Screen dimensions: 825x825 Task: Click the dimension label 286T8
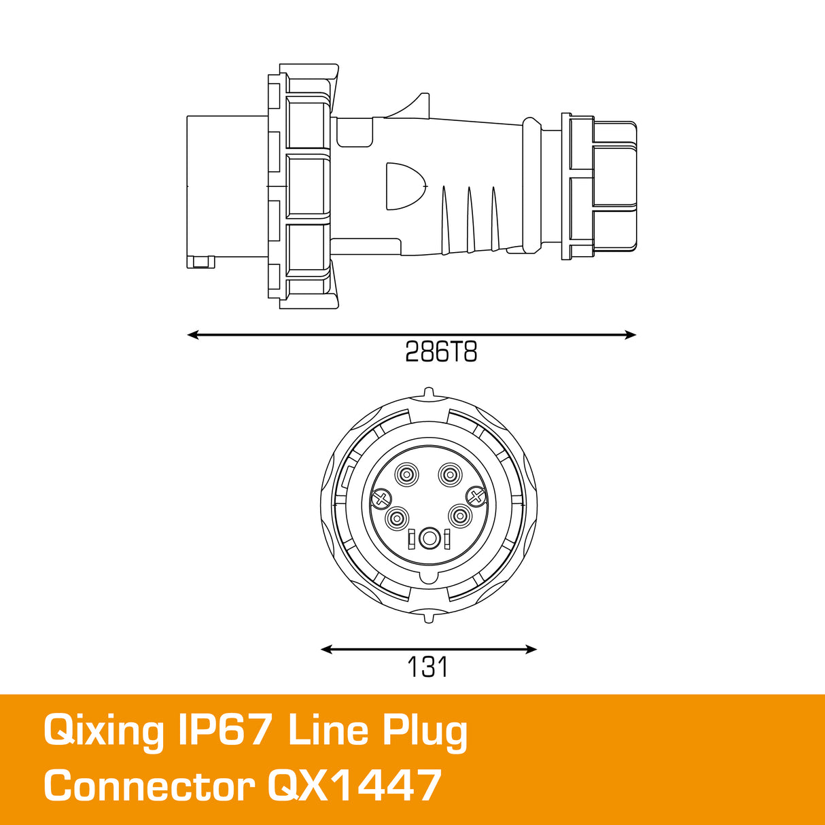click(441, 352)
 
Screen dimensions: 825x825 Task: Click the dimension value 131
click(427, 667)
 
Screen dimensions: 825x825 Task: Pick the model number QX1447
click(354, 786)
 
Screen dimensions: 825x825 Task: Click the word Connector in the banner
click(149, 786)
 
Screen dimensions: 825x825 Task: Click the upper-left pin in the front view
click(406, 474)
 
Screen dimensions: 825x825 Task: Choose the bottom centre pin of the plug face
click(429, 539)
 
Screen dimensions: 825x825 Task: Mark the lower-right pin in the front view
click(460, 517)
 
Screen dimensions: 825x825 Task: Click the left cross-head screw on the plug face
click(381, 499)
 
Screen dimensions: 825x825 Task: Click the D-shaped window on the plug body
click(404, 186)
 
